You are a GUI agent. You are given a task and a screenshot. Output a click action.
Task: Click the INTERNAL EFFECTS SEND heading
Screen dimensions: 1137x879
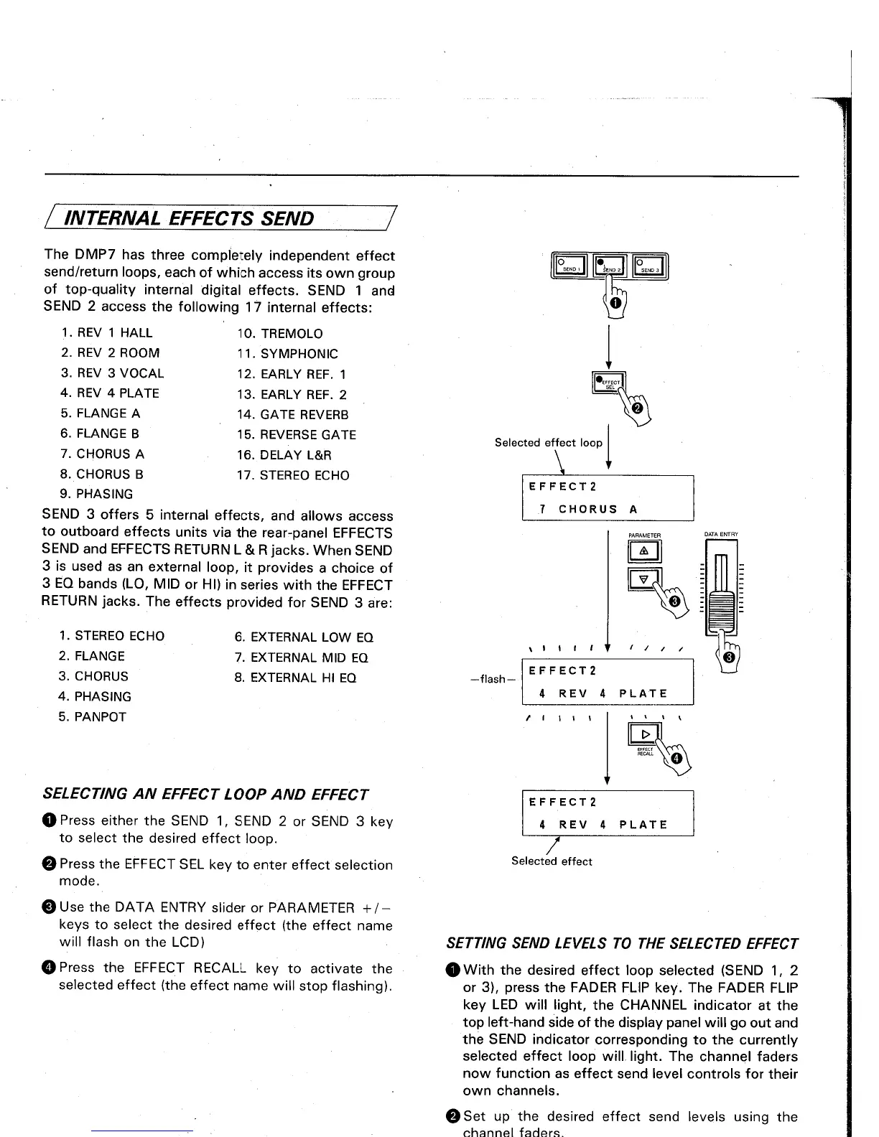click(189, 218)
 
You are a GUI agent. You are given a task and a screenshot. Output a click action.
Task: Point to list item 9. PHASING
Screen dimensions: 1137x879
click(97, 495)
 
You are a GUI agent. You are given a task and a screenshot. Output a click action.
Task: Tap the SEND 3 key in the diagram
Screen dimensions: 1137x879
click(650, 266)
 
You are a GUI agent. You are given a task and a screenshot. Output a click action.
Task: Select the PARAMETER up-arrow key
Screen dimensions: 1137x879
click(644, 551)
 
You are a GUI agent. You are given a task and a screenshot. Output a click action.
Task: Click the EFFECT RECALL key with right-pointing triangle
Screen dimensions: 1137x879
click(645, 734)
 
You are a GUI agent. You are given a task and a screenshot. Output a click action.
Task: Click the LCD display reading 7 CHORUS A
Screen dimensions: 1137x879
click(608, 498)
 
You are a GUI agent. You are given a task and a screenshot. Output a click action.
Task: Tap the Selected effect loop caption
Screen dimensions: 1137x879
click(548, 443)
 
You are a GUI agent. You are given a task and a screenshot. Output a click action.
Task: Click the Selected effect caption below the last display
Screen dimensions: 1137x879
click(552, 861)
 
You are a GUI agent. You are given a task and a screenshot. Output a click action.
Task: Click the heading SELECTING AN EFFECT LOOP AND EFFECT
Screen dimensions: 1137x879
click(206, 795)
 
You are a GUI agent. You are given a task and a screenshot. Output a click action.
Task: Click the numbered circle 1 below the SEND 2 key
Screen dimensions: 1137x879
click(615, 304)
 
